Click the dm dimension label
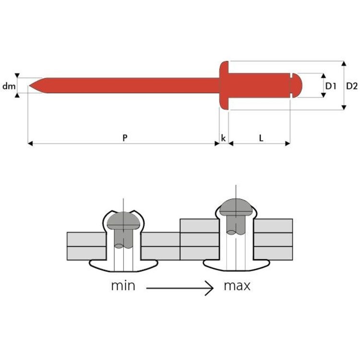[x=9, y=86]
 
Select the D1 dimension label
[x=331, y=86]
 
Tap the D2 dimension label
[x=352, y=86]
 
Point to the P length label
[x=125, y=138]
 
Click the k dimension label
[x=223, y=138]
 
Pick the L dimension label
[x=261, y=138]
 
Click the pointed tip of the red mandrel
[x=29, y=86]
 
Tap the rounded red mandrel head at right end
[x=297, y=85]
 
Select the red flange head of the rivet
[x=224, y=85]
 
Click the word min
[x=123, y=286]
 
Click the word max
[x=237, y=286]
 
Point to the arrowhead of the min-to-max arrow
[x=210, y=288]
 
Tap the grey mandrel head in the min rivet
[x=123, y=220]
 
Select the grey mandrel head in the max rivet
[x=236, y=207]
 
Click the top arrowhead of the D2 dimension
[x=344, y=63]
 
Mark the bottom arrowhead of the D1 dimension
[x=324, y=95]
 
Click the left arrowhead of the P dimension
[x=30, y=144]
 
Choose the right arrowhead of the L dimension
[x=288, y=144]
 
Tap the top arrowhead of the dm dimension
[x=17, y=75]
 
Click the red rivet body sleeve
[x=259, y=85]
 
